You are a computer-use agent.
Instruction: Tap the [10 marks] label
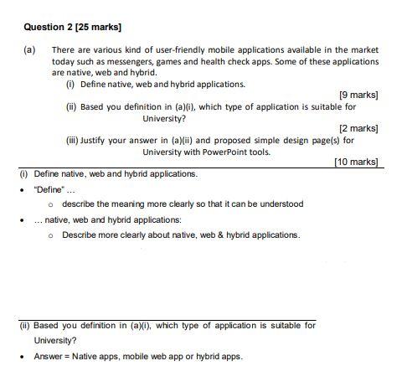(x=356, y=161)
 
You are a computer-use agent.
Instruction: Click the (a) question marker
(x=29, y=50)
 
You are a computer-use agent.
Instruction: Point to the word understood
(x=279, y=204)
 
